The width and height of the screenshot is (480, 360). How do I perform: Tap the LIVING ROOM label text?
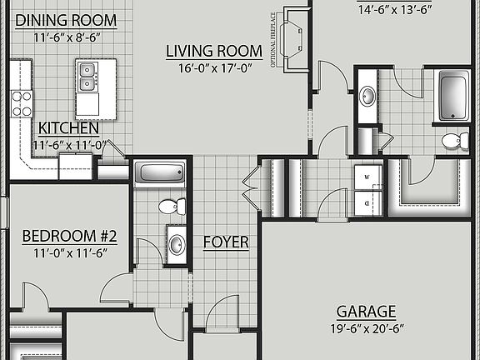click(214, 52)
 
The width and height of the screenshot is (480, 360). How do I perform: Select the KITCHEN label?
click(68, 128)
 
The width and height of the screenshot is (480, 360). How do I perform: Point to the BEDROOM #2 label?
click(69, 236)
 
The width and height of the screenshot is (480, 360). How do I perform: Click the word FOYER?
click(226, 242)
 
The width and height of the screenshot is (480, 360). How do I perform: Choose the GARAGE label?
click(366, 312)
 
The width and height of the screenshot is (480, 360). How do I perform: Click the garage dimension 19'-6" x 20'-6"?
click(366, 328)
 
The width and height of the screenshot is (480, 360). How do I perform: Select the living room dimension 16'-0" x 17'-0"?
click(214, 68)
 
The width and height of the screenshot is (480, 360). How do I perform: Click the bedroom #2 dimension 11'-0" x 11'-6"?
click(69, 252)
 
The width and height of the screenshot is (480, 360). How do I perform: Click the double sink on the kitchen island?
click(86, 79)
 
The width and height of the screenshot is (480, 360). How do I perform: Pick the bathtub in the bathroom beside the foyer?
click(159, 174)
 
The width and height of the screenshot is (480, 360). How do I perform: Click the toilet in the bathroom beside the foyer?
click(169, 206)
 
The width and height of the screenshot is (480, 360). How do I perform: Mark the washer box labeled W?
click(367, 177)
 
